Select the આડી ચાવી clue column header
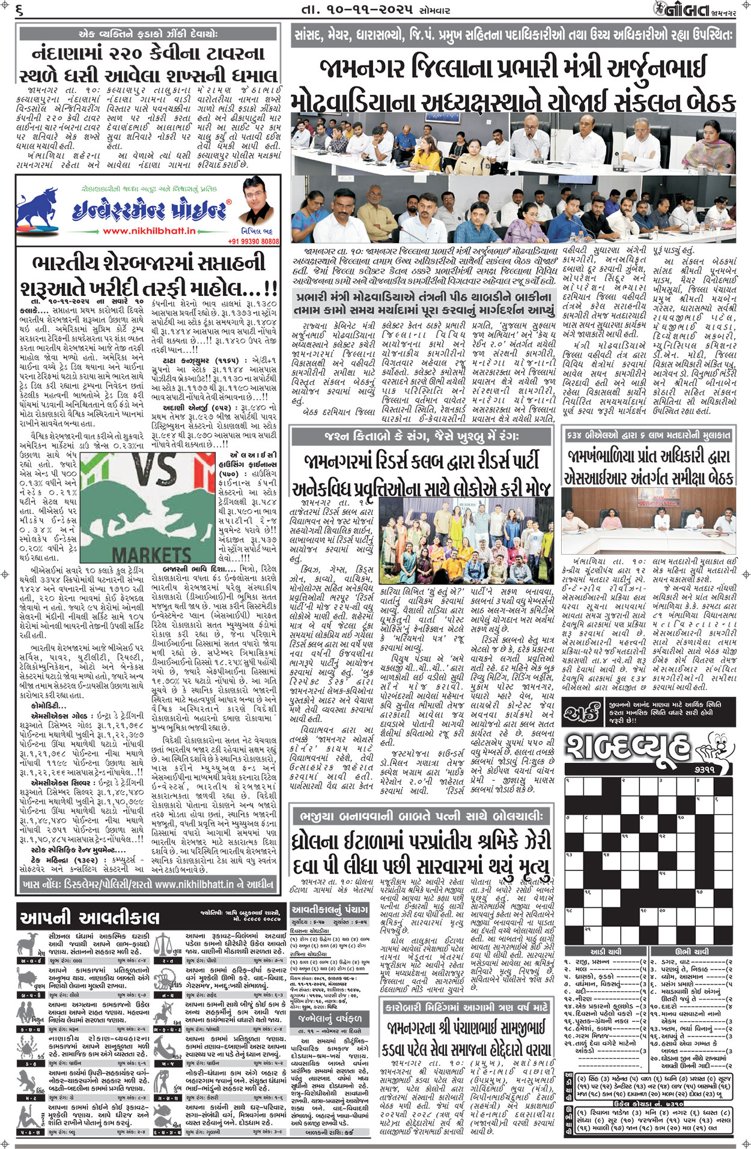[x=606, y=951]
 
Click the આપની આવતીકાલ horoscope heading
[x=90, y=917]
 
